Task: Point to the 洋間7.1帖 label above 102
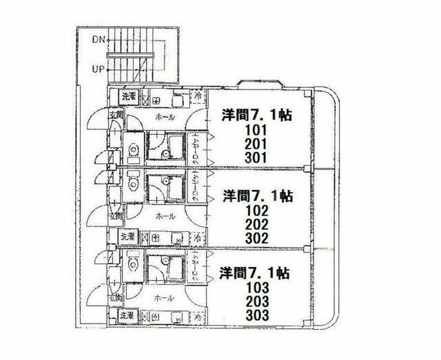coord(258,195)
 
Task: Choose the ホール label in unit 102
coord(165,216)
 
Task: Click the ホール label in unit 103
coord(165,299)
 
